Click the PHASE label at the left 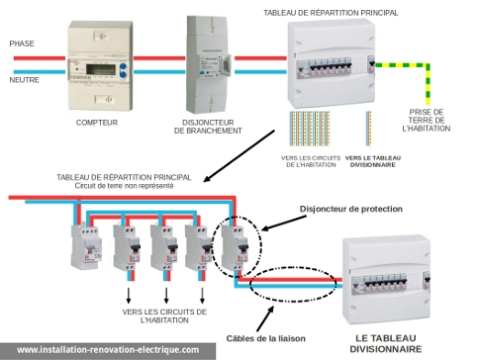pos(22,45)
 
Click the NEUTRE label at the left pos(25,80)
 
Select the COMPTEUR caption pos(97,123)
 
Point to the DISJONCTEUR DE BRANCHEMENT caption pos(208,127)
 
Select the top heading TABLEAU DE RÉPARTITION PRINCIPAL pos(331,13)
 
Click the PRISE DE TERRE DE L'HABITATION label pos(427,120)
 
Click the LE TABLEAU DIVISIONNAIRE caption pos(387,341)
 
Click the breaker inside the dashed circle pos(238,247)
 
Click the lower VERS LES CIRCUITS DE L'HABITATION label pos(164,315)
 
